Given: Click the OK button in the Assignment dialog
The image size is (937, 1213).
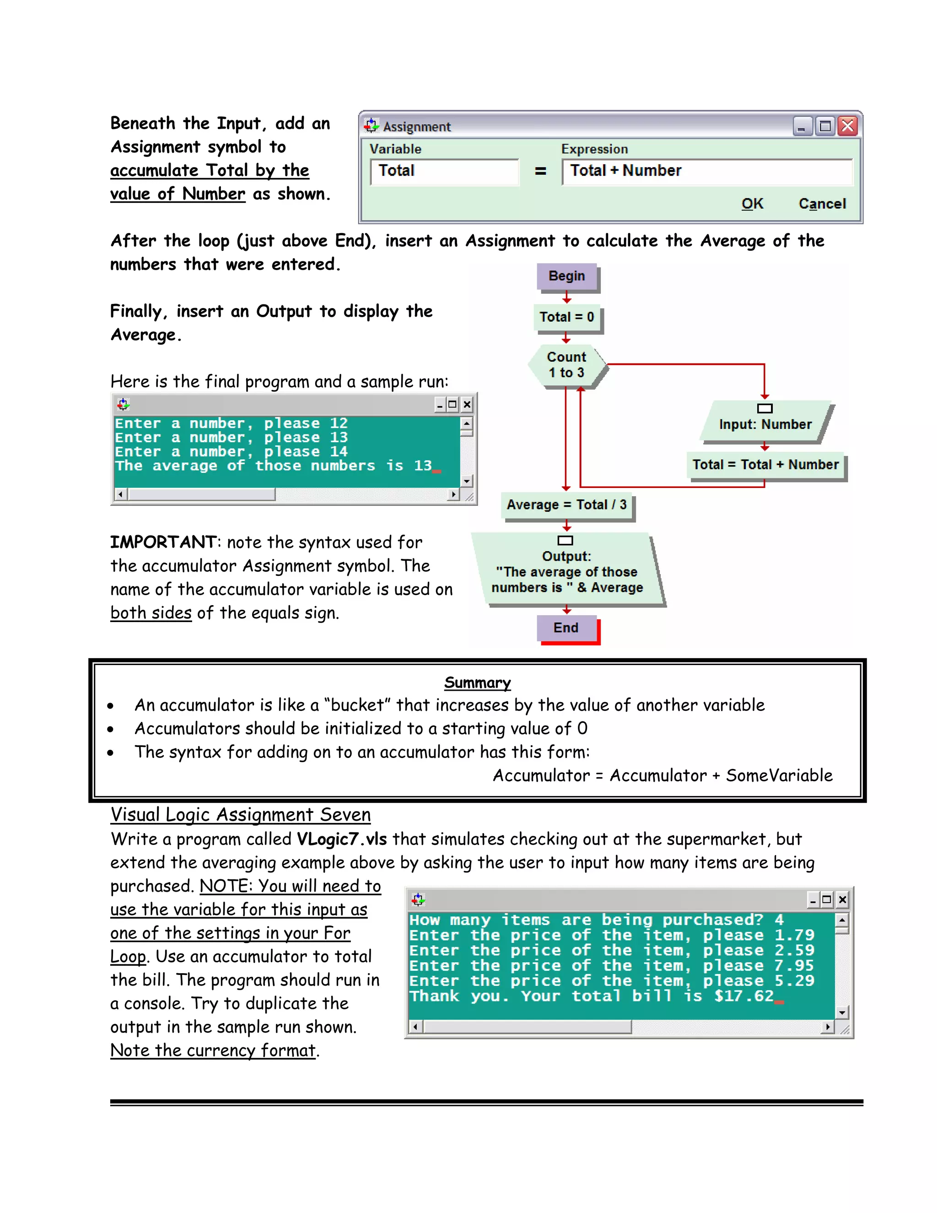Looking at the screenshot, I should [x=752, y=204].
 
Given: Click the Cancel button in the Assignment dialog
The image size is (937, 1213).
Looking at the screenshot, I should [x=822, y=204].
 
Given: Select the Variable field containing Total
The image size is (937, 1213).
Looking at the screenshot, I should [x=444, y=171].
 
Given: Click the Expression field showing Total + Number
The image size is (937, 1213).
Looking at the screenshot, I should [x=706, y=171].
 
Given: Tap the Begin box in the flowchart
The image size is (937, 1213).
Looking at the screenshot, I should [x=567, y=276].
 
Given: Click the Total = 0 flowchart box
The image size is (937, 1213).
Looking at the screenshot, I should [x=567, y=317].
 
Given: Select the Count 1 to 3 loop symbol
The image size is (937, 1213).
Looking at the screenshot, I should [x=567, y=365].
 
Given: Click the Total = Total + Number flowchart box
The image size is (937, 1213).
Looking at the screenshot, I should [x=765, y=465].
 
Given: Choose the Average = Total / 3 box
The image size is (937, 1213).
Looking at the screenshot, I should [x=567, y=505].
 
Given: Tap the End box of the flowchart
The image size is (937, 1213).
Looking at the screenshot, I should [x=567, y=628].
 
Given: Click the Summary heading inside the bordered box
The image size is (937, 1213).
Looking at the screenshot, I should [x=477, y=682].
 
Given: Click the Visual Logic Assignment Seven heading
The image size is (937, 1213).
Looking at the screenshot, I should [x=240, y=815].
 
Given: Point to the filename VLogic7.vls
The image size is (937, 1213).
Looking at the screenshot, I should [x=341, y=839].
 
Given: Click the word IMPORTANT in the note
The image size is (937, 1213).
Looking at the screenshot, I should [x=162, y=542].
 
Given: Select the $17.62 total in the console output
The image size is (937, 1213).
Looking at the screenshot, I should [x=744, y=996].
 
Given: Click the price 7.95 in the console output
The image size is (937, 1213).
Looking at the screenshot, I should [x=794, y=966].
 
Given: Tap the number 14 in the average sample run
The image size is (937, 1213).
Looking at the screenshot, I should [x=339, y=451].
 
